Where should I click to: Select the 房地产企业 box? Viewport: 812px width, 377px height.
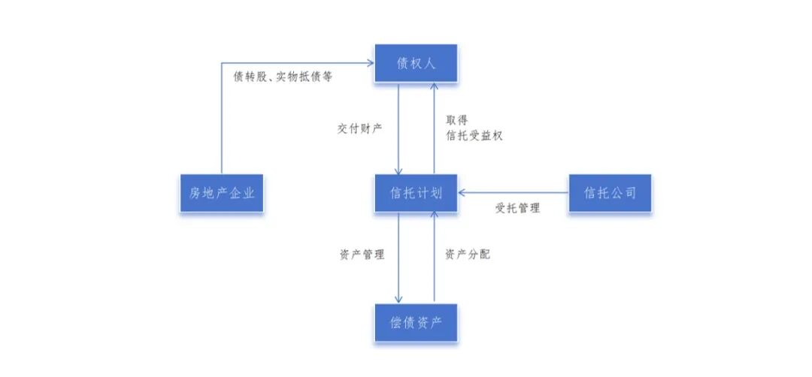pyautogui.click(x=222, y=194)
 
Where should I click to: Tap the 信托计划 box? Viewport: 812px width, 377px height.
pyautogui.click(x=417, y=194)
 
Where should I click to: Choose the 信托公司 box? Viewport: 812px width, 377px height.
pyautogui.click(x=610, y=194)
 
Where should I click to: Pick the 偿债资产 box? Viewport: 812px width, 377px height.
pyautogui.click(x=417, y=323)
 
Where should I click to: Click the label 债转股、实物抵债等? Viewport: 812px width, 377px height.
pyautogui.click(x=283, y=77)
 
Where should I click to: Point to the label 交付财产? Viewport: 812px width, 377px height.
pyautogui.click(x=359, y=128)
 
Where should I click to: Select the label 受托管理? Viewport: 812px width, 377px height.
pyautogui.click(x=517, y=209)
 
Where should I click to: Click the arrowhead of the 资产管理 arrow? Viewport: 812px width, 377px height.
pyautogui.click(x=398, y=300)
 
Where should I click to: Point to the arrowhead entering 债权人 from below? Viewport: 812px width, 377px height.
pyautogui.click(x=433, y=87)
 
